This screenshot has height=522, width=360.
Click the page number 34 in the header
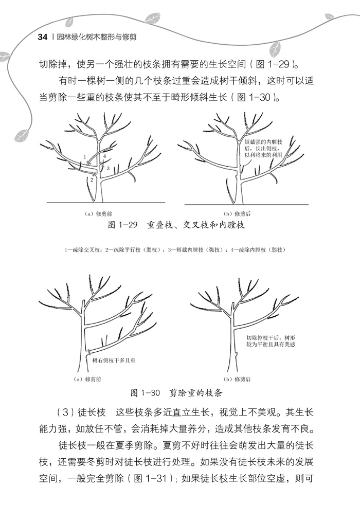[43, 38]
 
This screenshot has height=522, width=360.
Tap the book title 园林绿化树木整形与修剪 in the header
[98, 38]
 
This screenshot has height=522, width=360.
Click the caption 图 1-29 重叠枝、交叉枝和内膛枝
[177, 225]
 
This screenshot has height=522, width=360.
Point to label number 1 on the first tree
[85, 156]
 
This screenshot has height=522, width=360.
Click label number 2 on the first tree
[92, 179]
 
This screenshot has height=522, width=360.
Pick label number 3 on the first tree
[108, 168]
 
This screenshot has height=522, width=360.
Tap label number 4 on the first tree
[104, 155]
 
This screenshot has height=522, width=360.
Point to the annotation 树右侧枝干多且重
[114, 361]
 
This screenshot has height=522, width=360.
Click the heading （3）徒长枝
[80, 413]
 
